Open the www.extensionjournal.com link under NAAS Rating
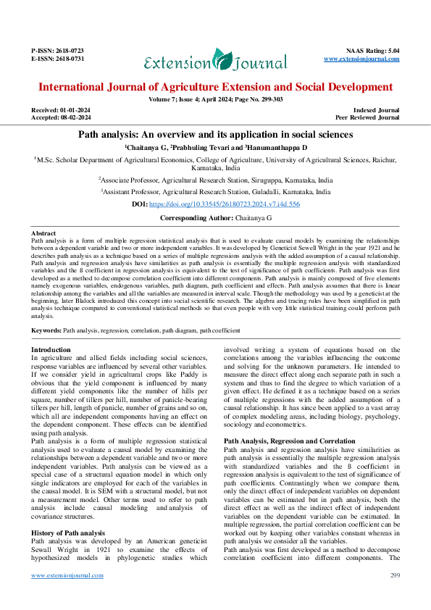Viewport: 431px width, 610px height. (361, 58)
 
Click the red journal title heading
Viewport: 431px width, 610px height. (215, 87)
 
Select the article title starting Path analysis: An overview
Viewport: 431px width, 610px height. (215, 135)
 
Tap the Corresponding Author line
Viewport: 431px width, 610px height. (215, 217)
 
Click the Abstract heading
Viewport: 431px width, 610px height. (44, 233)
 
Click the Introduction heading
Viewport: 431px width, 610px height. (51, 349)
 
